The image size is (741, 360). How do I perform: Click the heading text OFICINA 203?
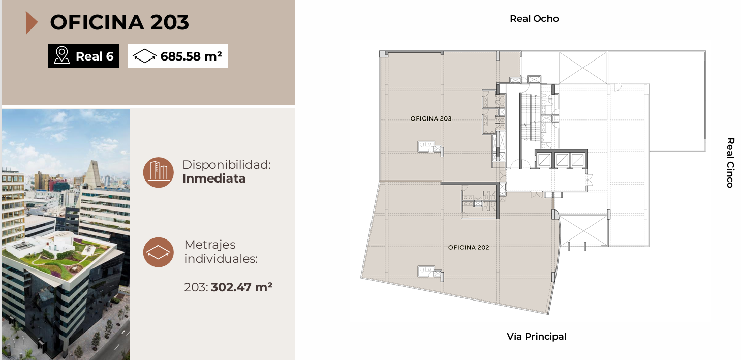tap(119, 22)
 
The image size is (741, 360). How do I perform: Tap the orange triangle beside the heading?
tap(31, 22)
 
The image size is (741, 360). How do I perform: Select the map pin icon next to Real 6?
tap(61, 55)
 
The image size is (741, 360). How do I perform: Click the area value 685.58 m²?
tap(191, 56)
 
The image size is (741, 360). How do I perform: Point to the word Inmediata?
tap(214, 178)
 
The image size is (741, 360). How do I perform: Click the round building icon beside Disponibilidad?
tap(159, 172)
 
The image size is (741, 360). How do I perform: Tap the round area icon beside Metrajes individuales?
tap(159, 252)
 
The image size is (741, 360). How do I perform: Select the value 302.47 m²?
tap(241, 287)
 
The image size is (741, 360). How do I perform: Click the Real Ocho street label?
tap(534, 18)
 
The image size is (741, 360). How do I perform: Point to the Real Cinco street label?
tap(730, 163)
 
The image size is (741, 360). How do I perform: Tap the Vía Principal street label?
tap(537, 337)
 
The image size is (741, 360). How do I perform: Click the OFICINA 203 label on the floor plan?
tap(430, 118)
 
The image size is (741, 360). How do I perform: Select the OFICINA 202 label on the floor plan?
tap(469, 247)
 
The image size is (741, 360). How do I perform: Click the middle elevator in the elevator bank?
tap(562, 160)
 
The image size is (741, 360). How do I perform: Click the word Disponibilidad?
tap(227, 165)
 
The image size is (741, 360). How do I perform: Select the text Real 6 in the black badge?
tap(95, 56)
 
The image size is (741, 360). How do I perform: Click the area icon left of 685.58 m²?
tap(144, 56)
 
